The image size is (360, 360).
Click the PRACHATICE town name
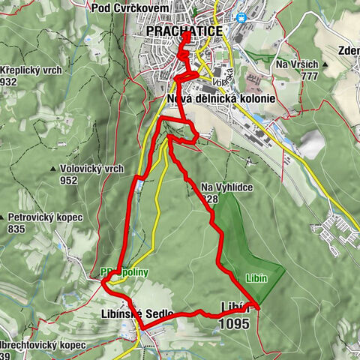pyautogui.click(x=184, y=31)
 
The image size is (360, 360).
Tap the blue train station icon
pyautogui.click(x=241, y=16)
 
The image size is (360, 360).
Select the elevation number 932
pyautogui.click(x=10, y=81)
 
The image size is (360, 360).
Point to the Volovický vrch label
pyautogui.click(x=91, y=169)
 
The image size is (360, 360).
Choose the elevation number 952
pyautogui.click(x=69, y=180)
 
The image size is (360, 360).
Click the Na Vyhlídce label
pyautogui.click(x=226, y=187)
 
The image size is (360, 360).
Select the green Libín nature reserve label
pyautogui.click(x=257, y=277)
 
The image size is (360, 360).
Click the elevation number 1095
pyautogui.click(x=235, y=324)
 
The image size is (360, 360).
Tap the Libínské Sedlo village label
pyautogui.click(x=136, y=313)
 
